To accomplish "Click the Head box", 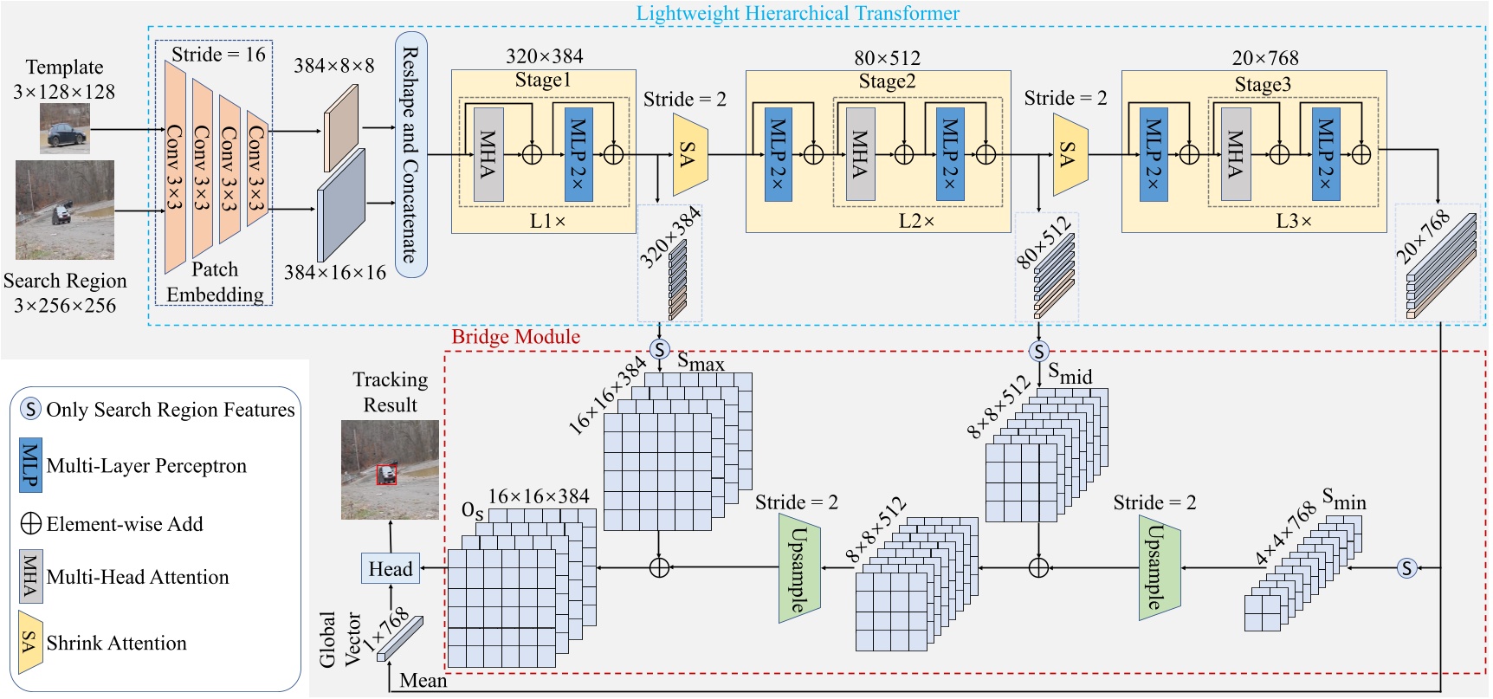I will coord(391,568).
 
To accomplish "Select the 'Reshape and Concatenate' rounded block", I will coord(410,154).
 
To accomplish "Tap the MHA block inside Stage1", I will coord(488,155).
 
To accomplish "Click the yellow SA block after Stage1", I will coord(689,155).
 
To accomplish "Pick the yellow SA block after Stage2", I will coord(1070,155).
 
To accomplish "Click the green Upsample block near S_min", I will coord(1160,568).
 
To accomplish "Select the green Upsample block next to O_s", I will coord(798,568).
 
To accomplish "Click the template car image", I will coord(64,128).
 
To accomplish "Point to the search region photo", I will coord(64,209).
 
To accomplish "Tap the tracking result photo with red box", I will coord(389,469).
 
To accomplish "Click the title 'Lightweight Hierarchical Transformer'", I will coord(797,13).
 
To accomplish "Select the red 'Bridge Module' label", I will coord(515,336).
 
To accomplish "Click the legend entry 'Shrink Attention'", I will coord(116,643).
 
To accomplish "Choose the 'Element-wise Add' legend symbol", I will coord(30,523).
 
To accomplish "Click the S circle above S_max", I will coord(660,350).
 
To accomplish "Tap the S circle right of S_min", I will coord(1406,568).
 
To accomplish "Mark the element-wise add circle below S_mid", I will coord(1038,568).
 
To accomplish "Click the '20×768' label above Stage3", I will coord(1264,58).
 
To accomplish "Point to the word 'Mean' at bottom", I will coord(423,681).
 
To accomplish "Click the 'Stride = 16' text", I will coord(218,55).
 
